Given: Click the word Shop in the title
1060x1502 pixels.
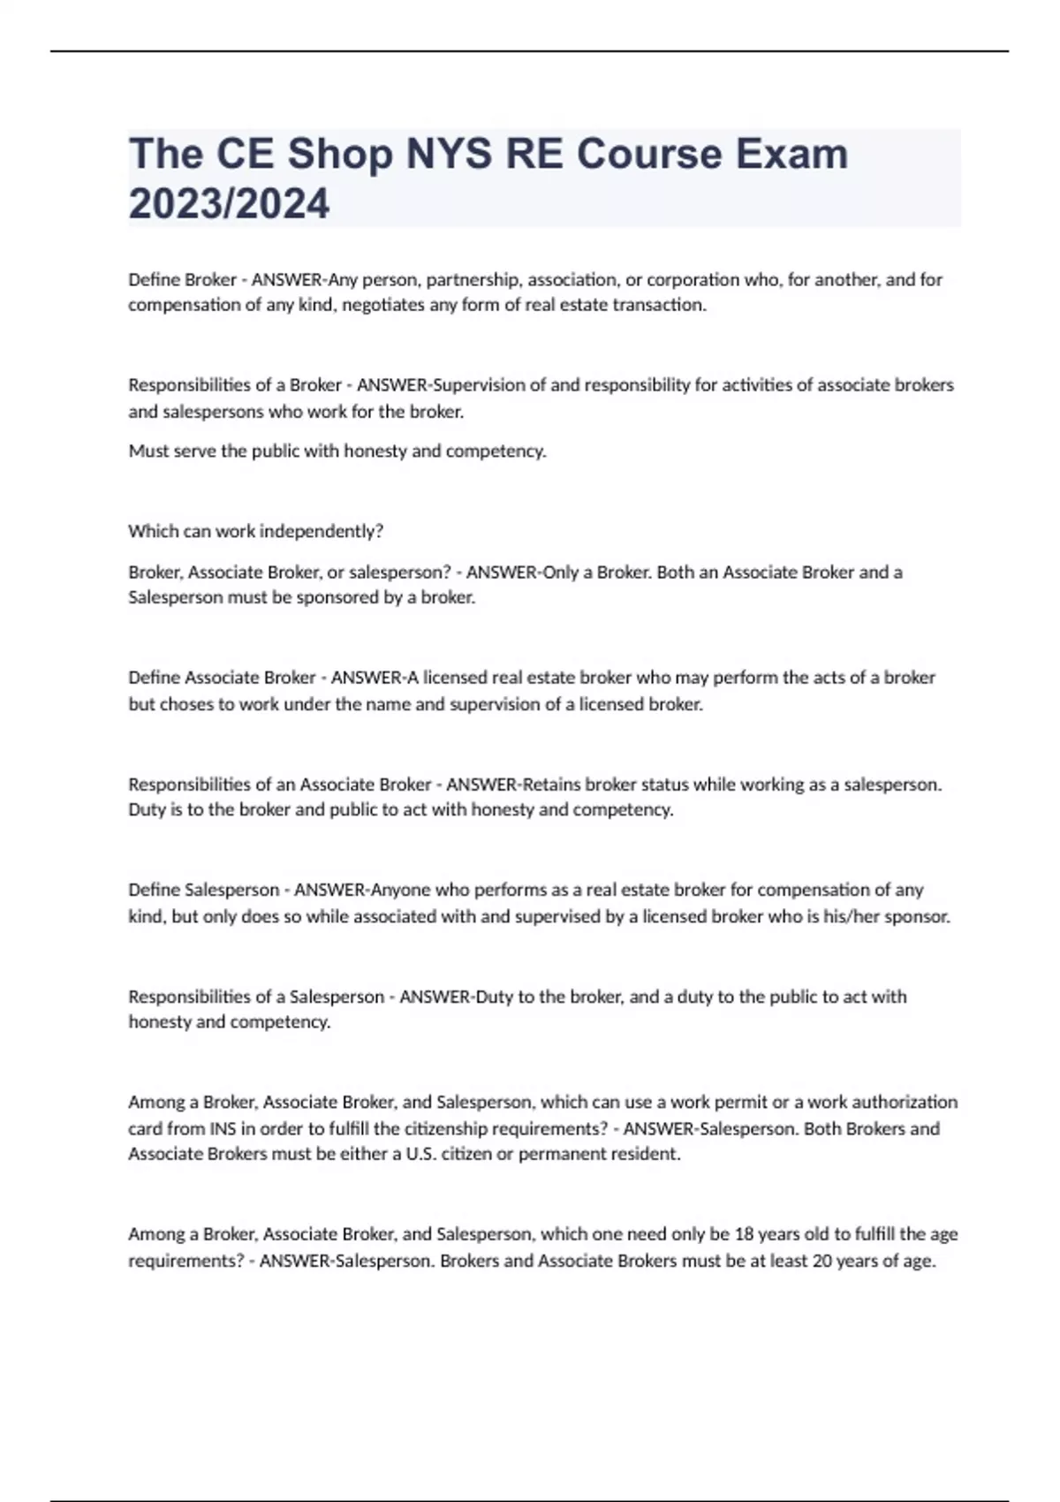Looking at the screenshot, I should (x=340, y=155).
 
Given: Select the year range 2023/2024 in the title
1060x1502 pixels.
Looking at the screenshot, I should (x=229, y=204).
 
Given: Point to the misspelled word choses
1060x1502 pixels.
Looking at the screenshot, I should (x=184, y=704).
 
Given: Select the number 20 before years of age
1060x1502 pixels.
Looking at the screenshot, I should (x=821, y=1261).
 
